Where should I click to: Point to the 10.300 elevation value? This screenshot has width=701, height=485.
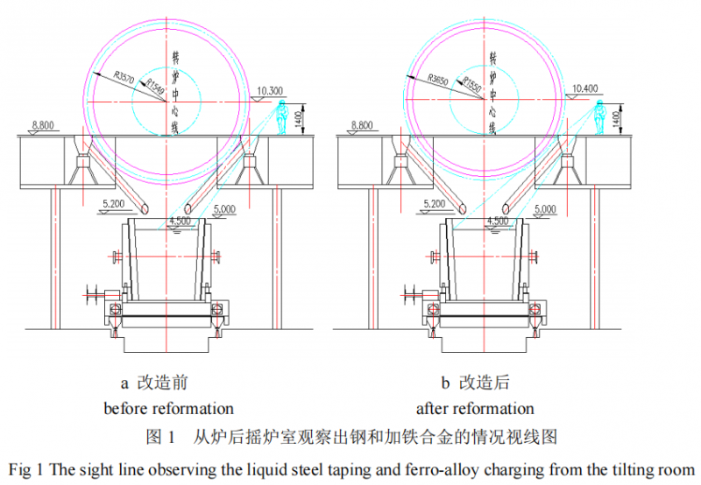272,91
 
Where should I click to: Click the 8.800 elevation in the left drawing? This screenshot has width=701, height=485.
42,125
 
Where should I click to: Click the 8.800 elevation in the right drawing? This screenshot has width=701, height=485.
360,125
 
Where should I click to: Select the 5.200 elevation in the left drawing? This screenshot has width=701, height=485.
116,203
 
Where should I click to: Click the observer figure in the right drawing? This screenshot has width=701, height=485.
599,117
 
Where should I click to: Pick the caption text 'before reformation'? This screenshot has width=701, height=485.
169,408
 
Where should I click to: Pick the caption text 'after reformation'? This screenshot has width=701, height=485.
475,408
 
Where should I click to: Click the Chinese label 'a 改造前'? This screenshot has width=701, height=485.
154,383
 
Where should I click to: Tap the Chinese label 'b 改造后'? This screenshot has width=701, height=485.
474,383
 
